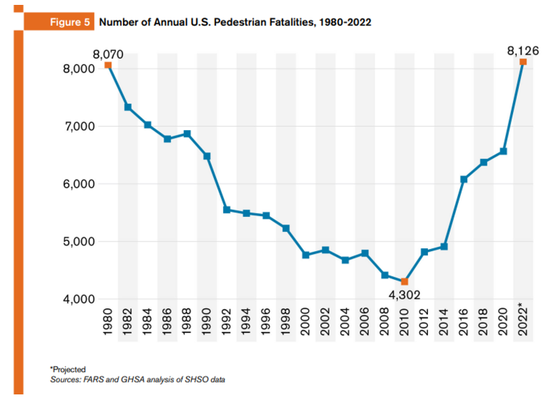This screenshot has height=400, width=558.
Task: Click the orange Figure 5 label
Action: tap(69, 22)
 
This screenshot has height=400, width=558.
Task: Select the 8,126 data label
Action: tap(523, 50)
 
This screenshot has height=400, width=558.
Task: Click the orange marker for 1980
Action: tap(108, 65)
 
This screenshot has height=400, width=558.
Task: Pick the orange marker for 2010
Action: tap(404, 281)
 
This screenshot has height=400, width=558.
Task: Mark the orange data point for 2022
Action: tap(523, 62)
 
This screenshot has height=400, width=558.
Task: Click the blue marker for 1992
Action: tap(227, 209)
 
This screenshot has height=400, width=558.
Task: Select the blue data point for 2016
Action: tap(464, 179)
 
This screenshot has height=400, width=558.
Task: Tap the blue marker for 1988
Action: tap(187, 134)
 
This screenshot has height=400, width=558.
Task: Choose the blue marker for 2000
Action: tap(306, 255)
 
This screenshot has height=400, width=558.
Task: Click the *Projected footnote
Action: tap(66, 369)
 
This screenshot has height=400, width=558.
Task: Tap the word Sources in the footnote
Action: tap(65, 379)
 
